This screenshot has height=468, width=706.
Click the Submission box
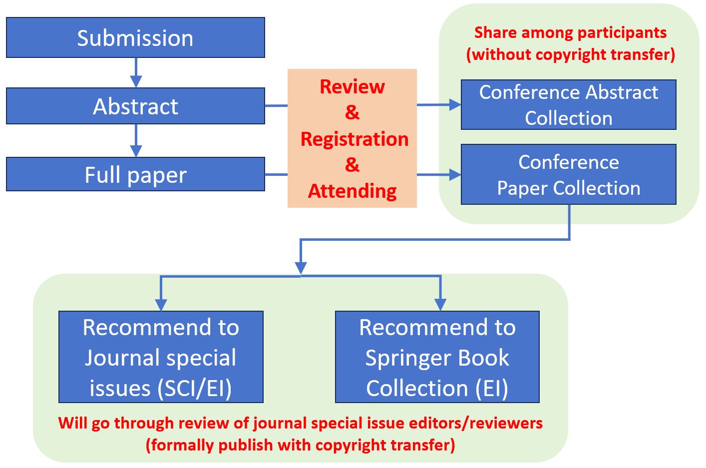[x=135, y=38]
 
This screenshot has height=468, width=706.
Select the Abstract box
[x=135, y=106]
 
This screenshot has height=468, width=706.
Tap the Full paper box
[x=135, y=175]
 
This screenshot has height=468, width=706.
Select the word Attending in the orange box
[x=353, y=191]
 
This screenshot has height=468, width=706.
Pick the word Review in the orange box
[x=353, y=86]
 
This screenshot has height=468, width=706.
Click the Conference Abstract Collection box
[x=568, y=105]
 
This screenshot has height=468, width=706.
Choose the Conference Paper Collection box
[x=568, y=175]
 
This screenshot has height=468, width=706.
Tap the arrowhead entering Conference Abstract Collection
[x=455, y=105]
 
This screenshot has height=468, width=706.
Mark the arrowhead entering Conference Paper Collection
[x=455, y=175]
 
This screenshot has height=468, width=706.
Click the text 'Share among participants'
[x=570, y=32]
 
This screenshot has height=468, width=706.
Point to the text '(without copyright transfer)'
[x=570, y=54]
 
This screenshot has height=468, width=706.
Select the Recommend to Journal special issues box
[x=161, y=357]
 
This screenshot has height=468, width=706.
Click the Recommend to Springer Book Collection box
[x=437, y=357]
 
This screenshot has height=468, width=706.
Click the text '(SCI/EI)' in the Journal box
[x=195, y=389]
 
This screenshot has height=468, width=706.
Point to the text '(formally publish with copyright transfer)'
[x=300, y=445]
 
